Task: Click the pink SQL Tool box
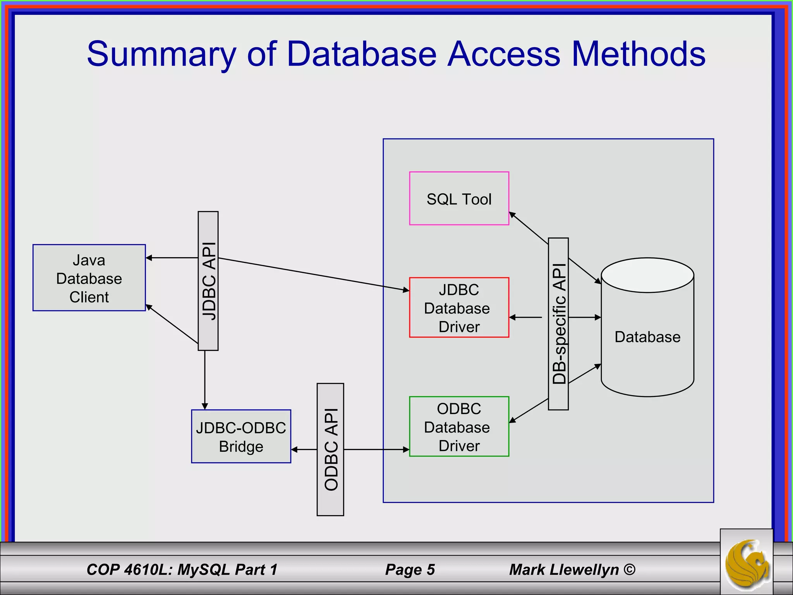pyautogui.click(x=459, y=198)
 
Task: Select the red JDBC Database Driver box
pyautogui.click(x=459, y=308)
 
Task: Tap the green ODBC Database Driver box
pyautogui.click(x=459, y=426)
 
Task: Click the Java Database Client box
pyautogui.click(x=89, y=278)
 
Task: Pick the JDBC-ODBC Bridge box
pyautogui.click(x=241, y=437)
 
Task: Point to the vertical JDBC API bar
pyautogui.click(x=208, y=281)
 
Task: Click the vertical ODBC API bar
pyautogui.click(x=330, y=449)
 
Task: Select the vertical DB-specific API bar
pyautogui.click(x=558, y=324)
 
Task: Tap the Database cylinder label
pyautogui.click(x=647, y=337)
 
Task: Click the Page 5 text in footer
pyautogui.click(x=410, y=569)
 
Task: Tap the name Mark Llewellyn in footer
pyautogui.click(x=564, y=569)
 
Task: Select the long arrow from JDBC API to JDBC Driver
pyautogui.click(x=314, y=274)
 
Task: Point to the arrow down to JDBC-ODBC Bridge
pyautogui.click(x=205, y=380)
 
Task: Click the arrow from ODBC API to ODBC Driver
pyautogui.click(x=376, y=450)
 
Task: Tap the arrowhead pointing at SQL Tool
pyautogui.click(x=512, y=215)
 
